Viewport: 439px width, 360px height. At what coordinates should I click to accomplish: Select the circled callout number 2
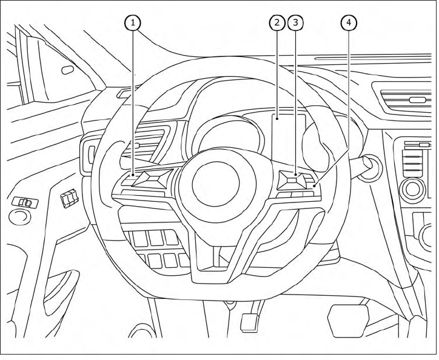(276, 23)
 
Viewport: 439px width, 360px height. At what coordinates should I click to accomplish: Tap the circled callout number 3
(295, 23)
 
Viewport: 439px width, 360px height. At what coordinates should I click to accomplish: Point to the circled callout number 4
(347, 23)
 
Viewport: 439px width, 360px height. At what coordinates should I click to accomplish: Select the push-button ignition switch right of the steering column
(369, 164)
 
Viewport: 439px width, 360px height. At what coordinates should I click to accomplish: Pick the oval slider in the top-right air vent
(417, 99)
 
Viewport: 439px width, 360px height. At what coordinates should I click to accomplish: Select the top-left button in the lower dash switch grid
(140, 239)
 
